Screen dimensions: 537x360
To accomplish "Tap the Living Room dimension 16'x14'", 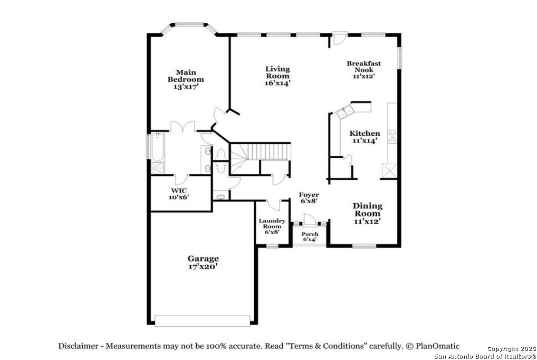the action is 278,83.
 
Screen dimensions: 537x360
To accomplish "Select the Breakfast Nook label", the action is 364,66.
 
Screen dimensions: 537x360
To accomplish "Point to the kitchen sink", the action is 345,112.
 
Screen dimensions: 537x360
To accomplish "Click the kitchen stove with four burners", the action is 392,136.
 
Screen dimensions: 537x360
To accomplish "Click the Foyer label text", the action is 309,195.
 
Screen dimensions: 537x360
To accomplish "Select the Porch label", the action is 309,234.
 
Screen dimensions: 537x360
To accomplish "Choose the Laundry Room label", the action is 272,224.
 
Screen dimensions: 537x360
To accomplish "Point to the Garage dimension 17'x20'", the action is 203,266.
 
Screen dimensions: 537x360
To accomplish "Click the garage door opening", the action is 202,321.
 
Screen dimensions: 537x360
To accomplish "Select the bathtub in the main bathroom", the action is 158,147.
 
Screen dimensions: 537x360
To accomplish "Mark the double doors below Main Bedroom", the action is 183,127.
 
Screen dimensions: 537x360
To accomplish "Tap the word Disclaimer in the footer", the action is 78,346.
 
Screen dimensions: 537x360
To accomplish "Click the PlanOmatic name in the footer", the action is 438,346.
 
